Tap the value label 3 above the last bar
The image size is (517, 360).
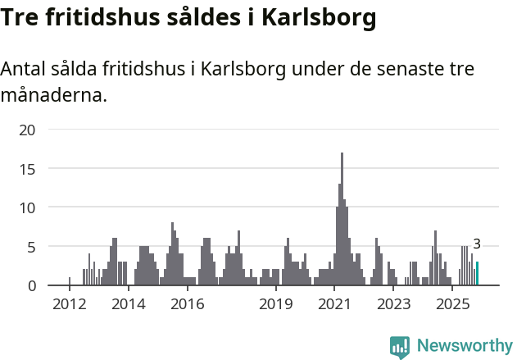[x=477, y=244]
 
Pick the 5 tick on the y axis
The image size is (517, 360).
[x=30, y=247]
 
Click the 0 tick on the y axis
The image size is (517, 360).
[x=30, y=285]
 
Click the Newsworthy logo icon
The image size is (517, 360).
[x=400, y=347]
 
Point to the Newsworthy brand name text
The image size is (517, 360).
[x=464, y=346]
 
